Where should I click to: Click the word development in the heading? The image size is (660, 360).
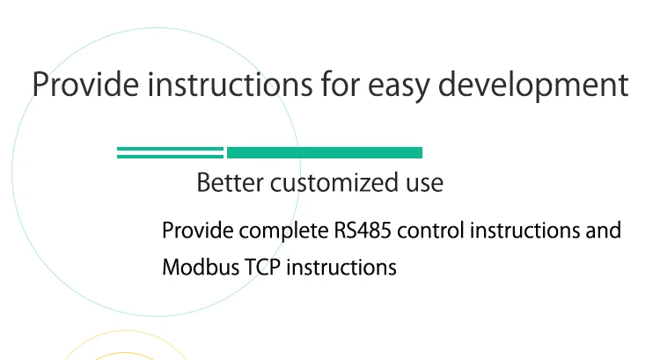(533, 85)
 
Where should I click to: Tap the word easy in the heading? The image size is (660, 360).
(399, 88)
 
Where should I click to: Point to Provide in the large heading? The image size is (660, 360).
(85, 84)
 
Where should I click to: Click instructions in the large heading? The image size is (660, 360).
(230, 84)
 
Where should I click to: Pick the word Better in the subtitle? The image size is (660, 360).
(230, 182)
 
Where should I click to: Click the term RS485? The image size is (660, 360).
(363, 231)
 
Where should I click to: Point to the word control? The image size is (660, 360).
(430, 231)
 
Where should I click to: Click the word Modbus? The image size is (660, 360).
(201, 268)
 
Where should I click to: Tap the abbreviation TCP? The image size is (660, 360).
(262, 268)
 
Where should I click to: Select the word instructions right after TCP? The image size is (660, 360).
(341, 268)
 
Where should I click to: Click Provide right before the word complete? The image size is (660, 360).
(197, 231)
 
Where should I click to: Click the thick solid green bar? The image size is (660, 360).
(325, 152)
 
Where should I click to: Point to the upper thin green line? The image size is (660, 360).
(170, 149)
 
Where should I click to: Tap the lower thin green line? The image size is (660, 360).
(170, 156)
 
